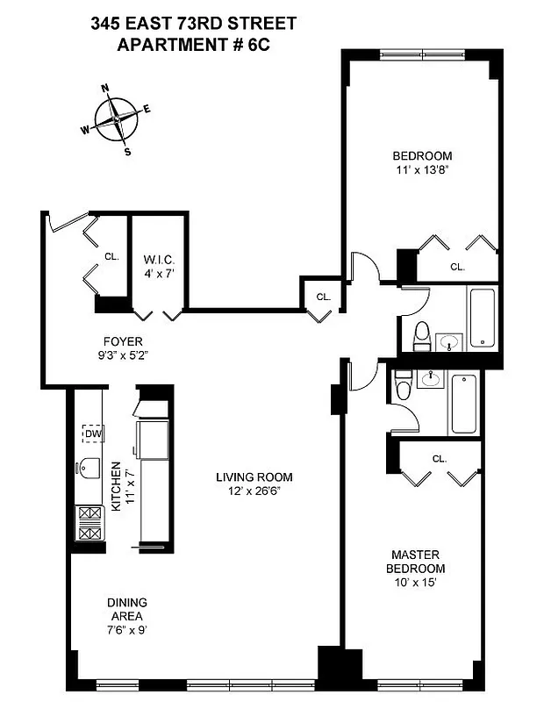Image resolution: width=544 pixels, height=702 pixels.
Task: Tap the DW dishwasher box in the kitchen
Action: pyautogui.click(x=92, y=433)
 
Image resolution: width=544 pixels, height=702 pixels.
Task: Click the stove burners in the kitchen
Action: pyautogui.click(x=89, y=524)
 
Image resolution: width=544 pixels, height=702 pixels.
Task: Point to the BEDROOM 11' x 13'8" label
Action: pyautogui.click(x=424, y=164)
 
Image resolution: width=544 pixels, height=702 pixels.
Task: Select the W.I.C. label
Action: pyautogui.click(x=159, y=266)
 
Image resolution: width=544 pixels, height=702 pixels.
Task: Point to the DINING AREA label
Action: pyautogui.click(x=127, y=609)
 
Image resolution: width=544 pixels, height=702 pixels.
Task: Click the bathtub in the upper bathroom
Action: pyautogui.click(x=482, y=319)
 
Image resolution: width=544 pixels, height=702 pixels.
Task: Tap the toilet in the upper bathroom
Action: pyautogui.click(x=420, y=334)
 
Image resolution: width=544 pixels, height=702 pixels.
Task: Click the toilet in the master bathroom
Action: pyautogui.click(x=403, y=385)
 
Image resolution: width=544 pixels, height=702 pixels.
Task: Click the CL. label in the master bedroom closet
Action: pyautogui.click(x=439, y=458)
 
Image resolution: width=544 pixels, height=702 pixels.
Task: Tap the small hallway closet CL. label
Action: pyautogui.click(x=323, y=297)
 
